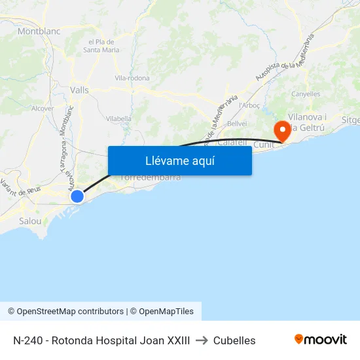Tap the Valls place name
pos(79,90)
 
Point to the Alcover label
pos(43,109)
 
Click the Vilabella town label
pos(118,118)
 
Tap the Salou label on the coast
pos(30,221)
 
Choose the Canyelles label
pos(306,94)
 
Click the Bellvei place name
pos(236,124)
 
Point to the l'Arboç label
pos(249,105)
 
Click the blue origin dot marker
pos(77,196)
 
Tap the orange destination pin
pos(283,129)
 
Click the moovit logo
pos(320,339)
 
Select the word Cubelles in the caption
pos(234,340)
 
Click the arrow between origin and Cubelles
pos(202,340)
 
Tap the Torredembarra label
pos(150,177)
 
